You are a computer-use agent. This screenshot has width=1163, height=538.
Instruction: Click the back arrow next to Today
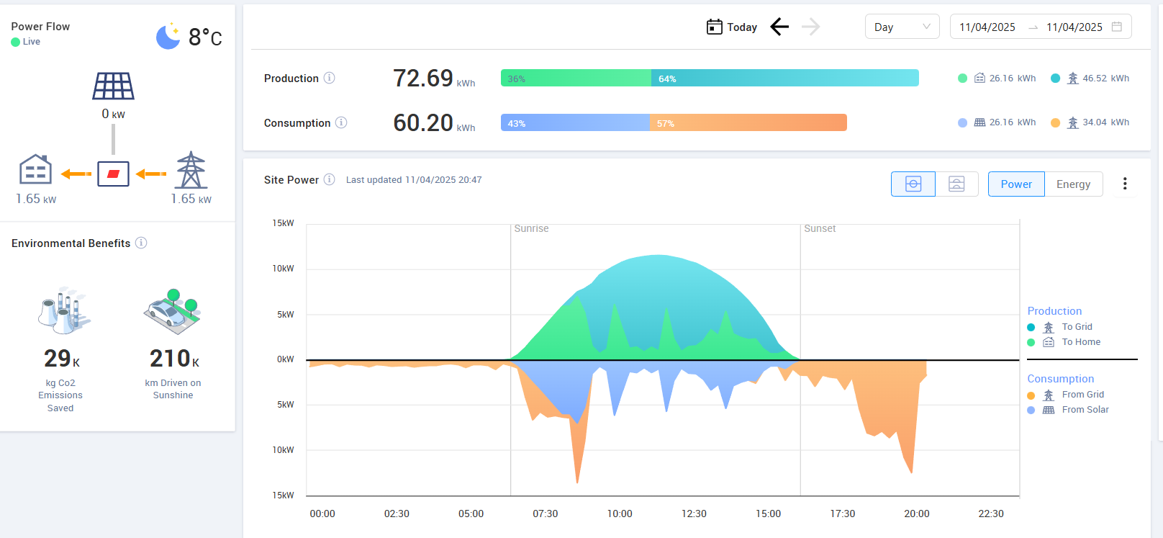click(779, 27)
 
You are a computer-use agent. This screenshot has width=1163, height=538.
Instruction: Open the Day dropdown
click(902, 27)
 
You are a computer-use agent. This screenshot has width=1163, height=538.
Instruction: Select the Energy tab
click(1073, 184)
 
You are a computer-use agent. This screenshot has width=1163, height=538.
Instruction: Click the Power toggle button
click(1015, 184)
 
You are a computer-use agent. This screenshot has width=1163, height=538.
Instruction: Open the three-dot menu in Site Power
click(1125, 184)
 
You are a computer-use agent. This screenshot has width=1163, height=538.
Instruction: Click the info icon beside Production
click(329, 78)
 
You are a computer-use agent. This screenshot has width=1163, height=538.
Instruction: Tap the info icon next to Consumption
click(341, 122)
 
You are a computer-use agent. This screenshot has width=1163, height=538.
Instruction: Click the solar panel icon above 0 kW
click(113, 86)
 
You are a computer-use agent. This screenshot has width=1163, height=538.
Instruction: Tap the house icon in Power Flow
click(35, 171)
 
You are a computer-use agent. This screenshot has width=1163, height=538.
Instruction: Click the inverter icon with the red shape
click(113, 174)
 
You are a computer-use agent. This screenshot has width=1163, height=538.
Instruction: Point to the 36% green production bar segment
click(576, 79)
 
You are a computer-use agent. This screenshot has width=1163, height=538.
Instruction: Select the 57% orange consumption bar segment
click(748, 123)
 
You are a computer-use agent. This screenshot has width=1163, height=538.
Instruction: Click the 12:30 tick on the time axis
click(694, 514)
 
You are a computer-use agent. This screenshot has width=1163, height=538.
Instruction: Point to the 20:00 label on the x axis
click(917, 514)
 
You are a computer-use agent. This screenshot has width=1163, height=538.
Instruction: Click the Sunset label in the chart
click(820, 228)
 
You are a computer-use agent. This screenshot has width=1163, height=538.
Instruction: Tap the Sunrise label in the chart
click(531, 228)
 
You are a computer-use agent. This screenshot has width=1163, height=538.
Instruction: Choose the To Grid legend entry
click(1077, 327)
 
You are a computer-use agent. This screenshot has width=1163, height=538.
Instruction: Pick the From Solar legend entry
click(1085, 410)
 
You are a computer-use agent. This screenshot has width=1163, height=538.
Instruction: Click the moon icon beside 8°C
click(168, 37)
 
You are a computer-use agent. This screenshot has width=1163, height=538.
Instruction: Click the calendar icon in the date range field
click(1117, 27)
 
